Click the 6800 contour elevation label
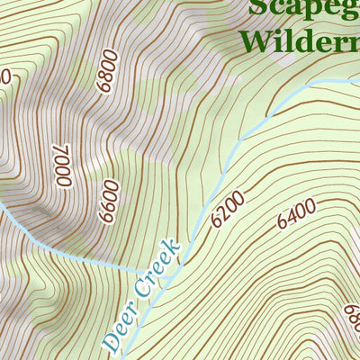coord(106,71)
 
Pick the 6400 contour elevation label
coord(296,213)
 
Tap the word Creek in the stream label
coord(158,273)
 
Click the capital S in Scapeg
coord(257,7)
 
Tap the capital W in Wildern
coord(254,40)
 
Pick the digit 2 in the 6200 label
coord(221,215)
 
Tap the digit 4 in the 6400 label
coord(290,217)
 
